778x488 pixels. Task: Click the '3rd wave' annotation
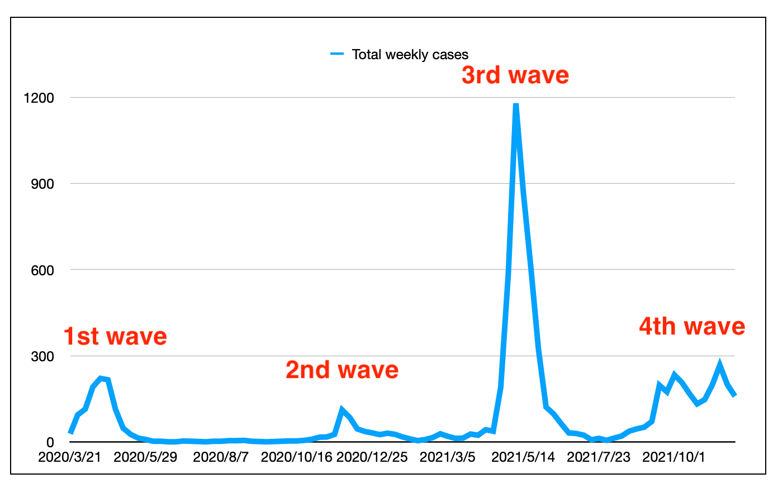click(x=515, y=75)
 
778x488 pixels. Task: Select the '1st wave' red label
click(x=115, y=337)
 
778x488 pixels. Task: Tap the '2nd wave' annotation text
click(x=342, y=370)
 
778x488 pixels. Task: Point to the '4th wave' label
click(x=692, y=327)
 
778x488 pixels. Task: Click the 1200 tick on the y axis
click(x=39, y=98)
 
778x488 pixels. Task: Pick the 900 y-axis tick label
click(x=43, y=184)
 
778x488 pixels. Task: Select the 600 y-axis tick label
click(x=43, y=270)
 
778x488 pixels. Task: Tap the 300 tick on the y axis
click(x=43, y=356)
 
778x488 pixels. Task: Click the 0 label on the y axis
click(x=50, y=443)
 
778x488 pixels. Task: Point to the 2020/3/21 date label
click(x=69, y=457)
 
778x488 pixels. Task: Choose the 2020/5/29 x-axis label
click(x=145, y=457)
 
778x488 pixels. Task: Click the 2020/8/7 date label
click(x=221, y=457)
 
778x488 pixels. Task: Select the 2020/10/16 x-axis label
click(x=297, y=457)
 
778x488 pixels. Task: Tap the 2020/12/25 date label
click(x=372, y=457)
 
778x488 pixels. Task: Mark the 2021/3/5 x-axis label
click(x=448, y=457)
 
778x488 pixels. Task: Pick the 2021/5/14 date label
click(x=523, y=457)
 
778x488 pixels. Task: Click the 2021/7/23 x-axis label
click(x=599, y=457)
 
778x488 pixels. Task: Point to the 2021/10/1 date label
click(x=673, y=457)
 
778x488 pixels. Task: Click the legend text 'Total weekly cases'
click(x=410, y=55)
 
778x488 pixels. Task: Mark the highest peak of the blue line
click(x=516, y=104)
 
